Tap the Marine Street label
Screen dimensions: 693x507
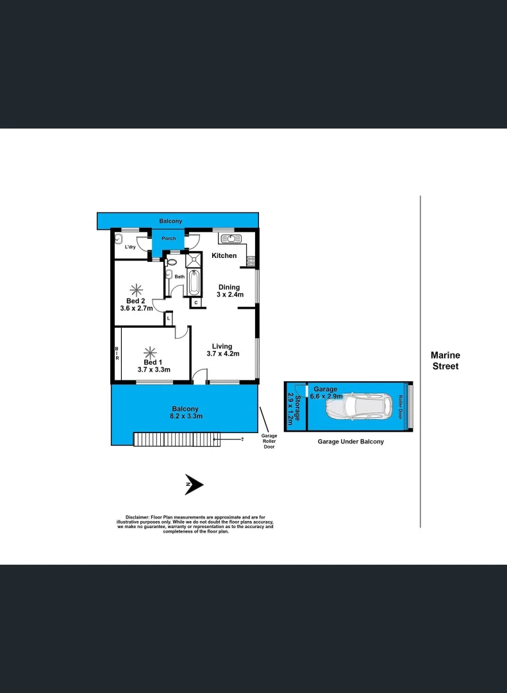pos(445,361)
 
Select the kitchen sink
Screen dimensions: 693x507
pos(230,239)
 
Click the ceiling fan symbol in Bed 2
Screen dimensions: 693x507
pos(136,288)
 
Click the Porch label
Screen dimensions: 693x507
pos(169,239)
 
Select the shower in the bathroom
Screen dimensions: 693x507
pos(193,261)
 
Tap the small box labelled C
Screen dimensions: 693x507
pos(195,302)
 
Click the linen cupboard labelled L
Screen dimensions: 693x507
pos(168,318)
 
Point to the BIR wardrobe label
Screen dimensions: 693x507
pos(117,354)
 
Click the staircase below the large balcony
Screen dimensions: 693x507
pos(176,440)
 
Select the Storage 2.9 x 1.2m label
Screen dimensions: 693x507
pos(294,407)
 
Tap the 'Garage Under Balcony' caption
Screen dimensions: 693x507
pos(351,441)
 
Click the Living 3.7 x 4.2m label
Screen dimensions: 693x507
pos(222,350)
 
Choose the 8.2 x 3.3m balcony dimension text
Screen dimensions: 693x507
pos(185,416)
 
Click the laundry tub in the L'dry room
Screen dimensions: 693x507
pos(119,240)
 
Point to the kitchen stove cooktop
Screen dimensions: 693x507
pos(251,261)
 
